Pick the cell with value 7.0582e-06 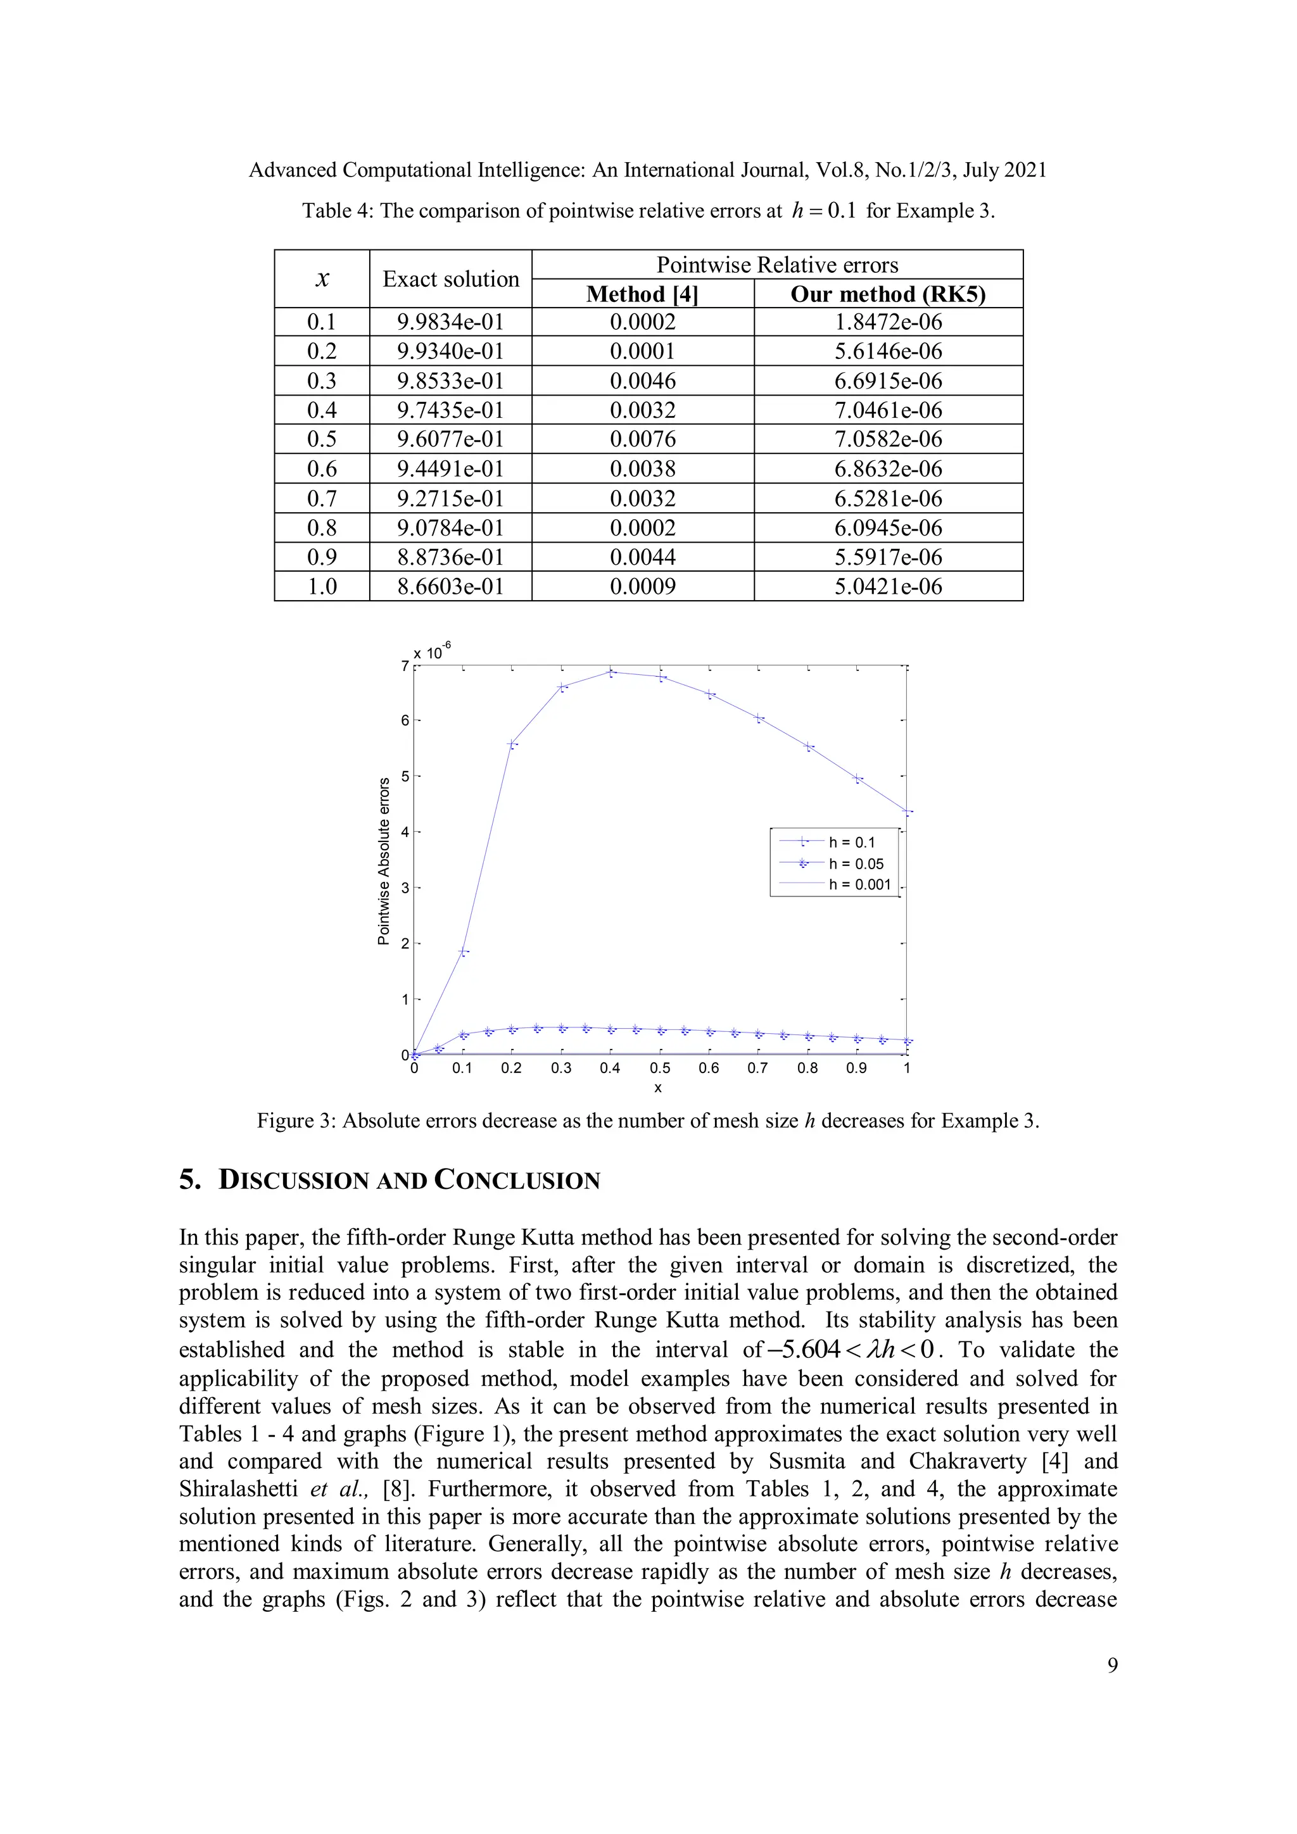887,439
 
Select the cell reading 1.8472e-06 887,322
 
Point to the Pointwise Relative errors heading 777,265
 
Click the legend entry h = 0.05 855,864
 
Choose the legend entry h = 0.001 859,884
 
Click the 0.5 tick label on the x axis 659,1068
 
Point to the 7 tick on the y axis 405,665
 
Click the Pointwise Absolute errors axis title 384,861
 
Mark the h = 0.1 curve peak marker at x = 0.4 611,672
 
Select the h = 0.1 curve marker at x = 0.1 464,952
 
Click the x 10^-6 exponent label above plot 431,652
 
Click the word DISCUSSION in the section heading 293,1181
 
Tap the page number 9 1111,1666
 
